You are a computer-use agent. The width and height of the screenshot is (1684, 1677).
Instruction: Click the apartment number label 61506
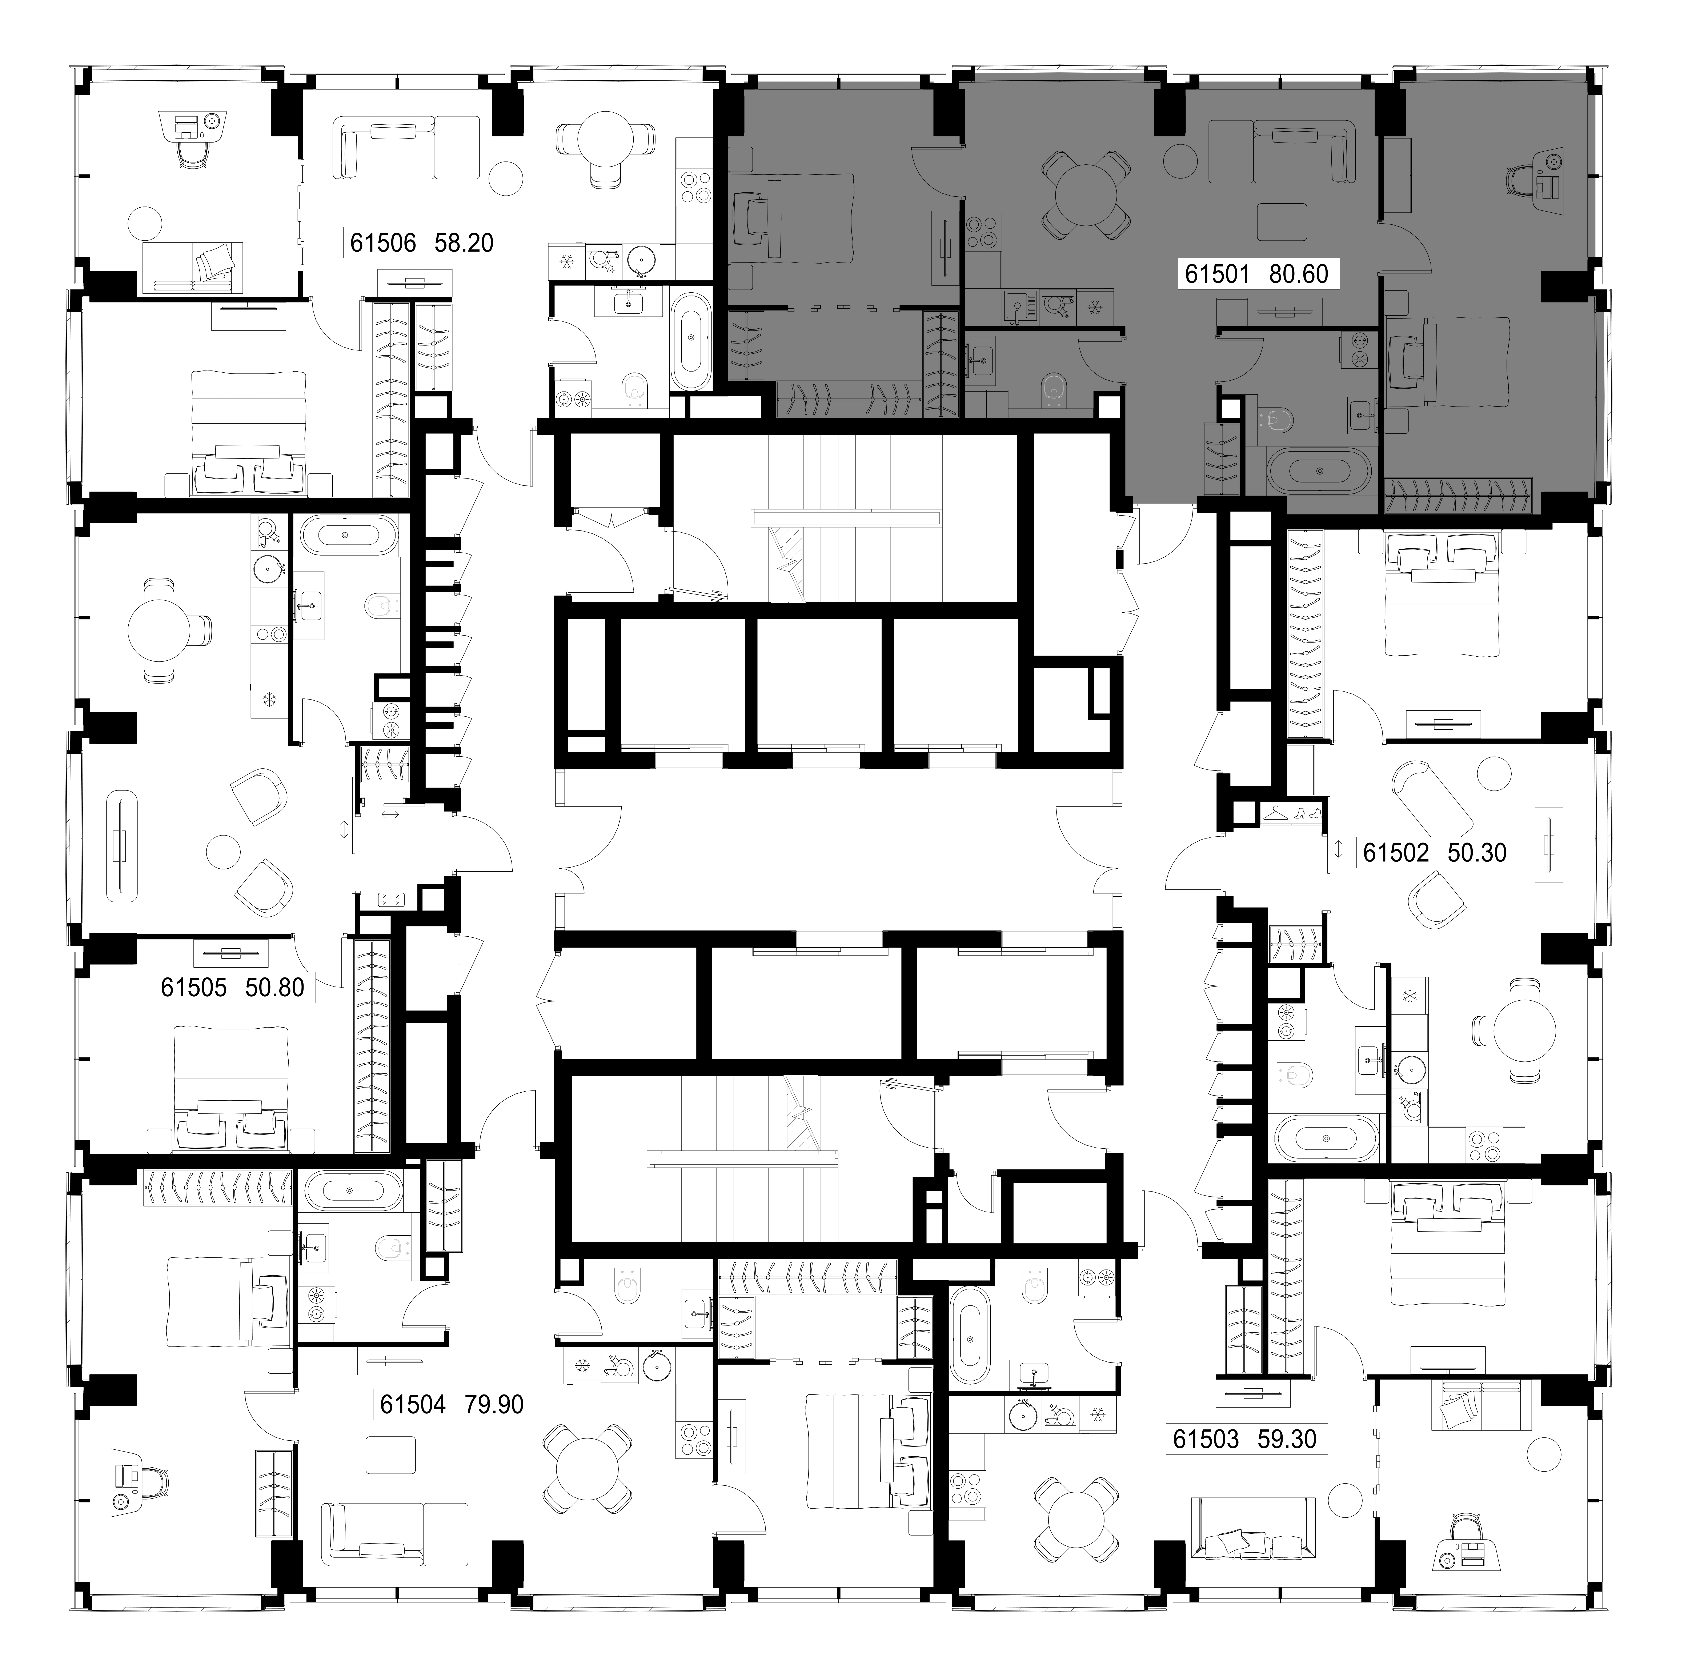383,242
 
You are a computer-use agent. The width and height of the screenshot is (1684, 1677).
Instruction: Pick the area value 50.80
274,988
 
